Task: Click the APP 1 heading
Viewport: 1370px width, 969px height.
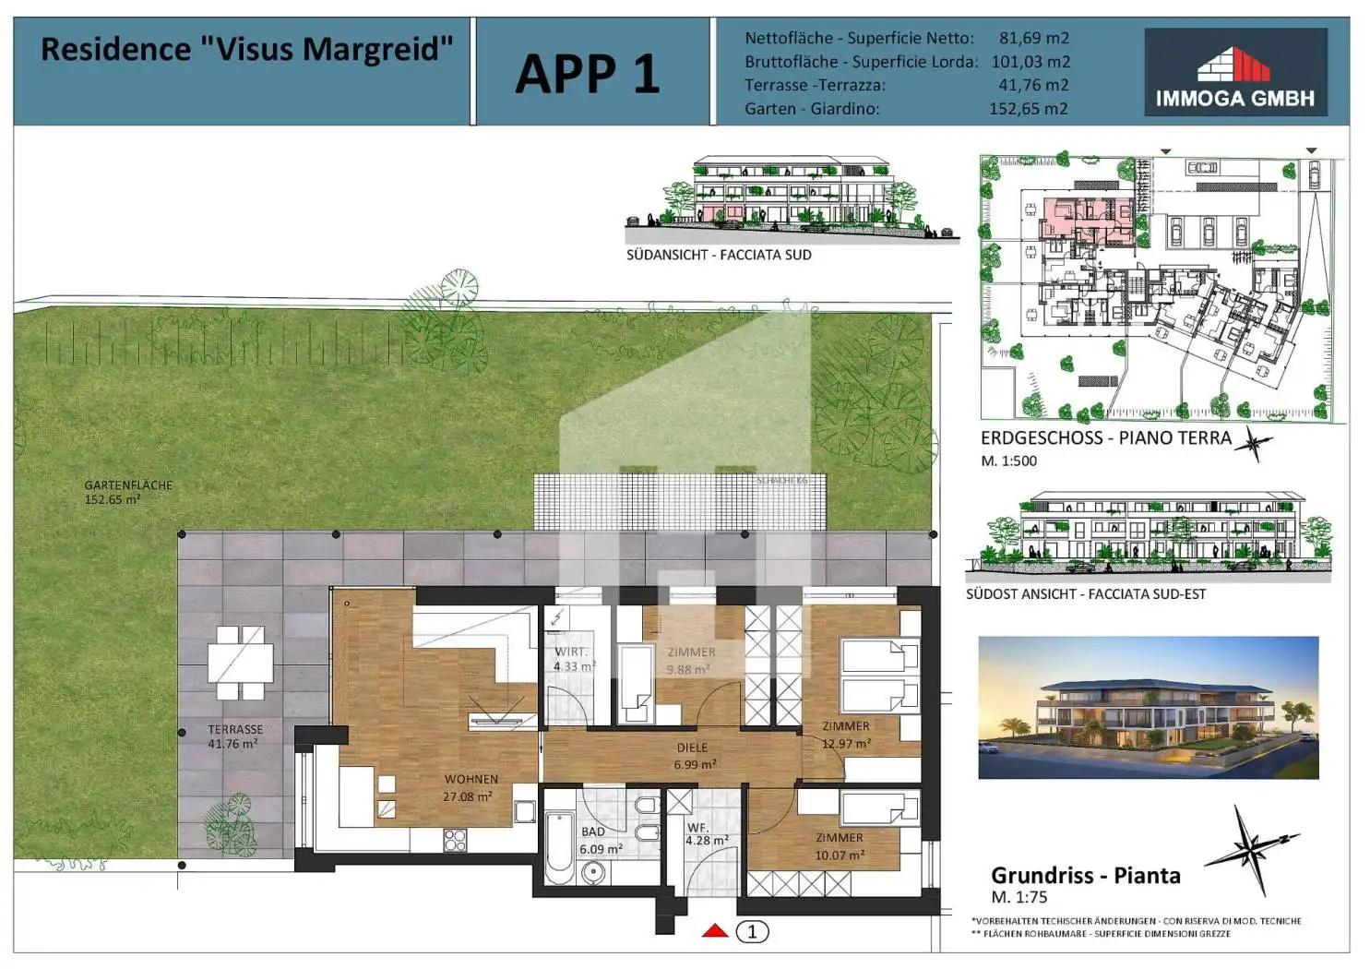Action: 588,74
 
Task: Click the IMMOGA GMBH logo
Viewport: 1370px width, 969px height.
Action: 1234,72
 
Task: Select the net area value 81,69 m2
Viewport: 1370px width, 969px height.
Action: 1033,39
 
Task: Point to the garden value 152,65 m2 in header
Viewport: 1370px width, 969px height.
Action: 1028,109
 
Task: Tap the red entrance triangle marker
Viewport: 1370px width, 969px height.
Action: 715,930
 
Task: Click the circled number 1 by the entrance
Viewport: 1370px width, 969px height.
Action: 752,932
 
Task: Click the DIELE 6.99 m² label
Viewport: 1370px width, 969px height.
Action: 694,756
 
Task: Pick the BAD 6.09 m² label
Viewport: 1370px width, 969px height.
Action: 600,841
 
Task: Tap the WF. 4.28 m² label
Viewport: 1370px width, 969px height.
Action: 706,834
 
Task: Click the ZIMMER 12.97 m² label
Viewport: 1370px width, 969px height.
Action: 846,735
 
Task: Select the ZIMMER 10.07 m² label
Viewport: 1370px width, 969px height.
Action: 839,846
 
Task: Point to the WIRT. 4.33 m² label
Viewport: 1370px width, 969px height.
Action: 573,659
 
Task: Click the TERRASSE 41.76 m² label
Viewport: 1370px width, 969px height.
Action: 234,736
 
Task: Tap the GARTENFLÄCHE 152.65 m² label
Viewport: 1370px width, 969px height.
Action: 127,492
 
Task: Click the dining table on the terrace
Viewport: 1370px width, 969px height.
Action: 241,662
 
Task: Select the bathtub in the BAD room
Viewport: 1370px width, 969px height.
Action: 559,847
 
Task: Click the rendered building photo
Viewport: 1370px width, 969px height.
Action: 1148,708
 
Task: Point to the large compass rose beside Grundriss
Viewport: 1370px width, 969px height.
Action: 1249,848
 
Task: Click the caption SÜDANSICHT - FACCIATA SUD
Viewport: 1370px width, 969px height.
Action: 719,255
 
